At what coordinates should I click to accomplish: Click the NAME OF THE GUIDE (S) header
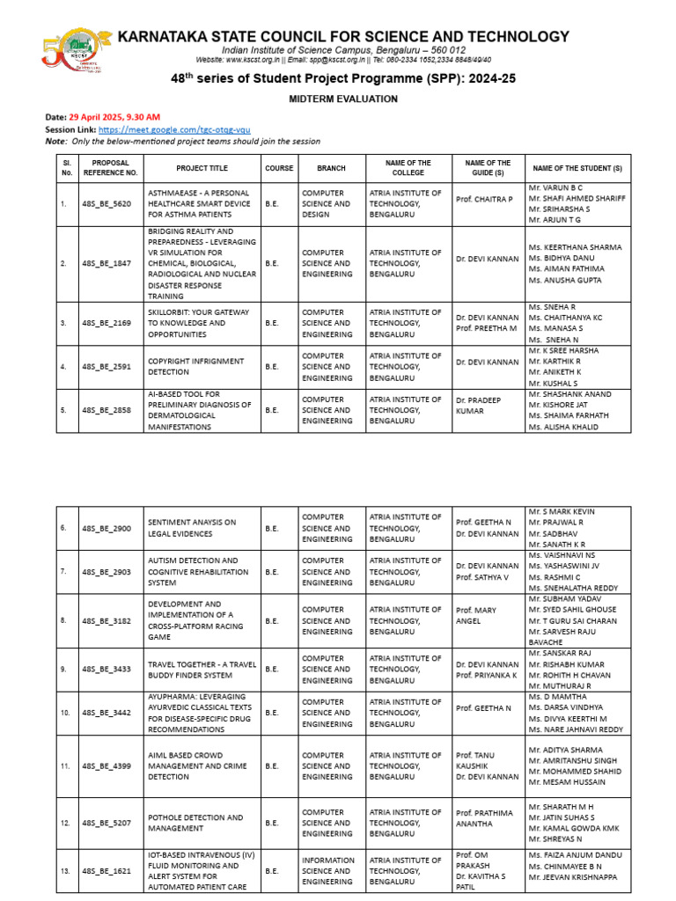[x=487, y=168]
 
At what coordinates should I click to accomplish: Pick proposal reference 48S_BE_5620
[x=106, y=203]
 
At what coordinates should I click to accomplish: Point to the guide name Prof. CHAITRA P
[x=483, y=200]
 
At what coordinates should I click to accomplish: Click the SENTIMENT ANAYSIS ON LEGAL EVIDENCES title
[x=192, y=528]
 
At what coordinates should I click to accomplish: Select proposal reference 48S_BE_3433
[x=106, y=670]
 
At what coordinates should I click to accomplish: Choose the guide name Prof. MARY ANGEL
[x=476, y=615]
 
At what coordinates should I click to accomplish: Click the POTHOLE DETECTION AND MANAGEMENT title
[x=195, y=823]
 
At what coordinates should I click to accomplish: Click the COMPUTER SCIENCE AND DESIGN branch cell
[x=326, y=203]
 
